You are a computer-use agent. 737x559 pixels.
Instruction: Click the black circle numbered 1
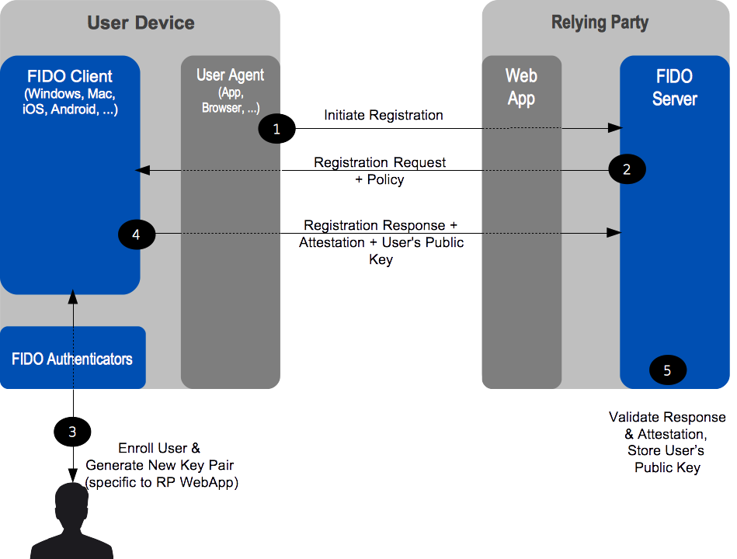click(276, 128)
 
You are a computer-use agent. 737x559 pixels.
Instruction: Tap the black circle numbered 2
click(627, 169)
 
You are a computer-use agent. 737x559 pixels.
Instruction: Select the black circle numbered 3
click(72, 432)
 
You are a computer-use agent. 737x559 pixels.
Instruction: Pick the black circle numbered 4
click(137, 234)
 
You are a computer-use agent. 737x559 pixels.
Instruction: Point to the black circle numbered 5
click(667, 370)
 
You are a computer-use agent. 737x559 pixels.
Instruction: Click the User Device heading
click(141, 23)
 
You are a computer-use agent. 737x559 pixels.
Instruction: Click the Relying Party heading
click(600, 22)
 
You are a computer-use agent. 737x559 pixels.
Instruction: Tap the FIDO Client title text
click(70, 76)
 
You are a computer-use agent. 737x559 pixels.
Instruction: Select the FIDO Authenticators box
click(73, 357)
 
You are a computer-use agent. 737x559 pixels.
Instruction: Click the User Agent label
click(231, 75)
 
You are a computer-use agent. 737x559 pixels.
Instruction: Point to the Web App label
click(521, 87)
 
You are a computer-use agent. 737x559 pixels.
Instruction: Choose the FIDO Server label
click(675, 88)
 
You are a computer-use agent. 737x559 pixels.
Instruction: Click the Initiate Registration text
click(384, 115)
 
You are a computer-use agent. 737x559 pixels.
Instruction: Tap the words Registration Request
click(380, 162)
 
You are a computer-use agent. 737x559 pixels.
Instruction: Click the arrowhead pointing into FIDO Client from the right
click(142, 170)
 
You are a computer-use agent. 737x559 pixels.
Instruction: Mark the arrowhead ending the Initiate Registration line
click(615, 128)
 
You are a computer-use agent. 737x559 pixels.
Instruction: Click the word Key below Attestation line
click(381, 259)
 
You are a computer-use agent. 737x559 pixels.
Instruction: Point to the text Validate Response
click(667, 417)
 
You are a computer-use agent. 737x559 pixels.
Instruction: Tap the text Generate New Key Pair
click(160, 465)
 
